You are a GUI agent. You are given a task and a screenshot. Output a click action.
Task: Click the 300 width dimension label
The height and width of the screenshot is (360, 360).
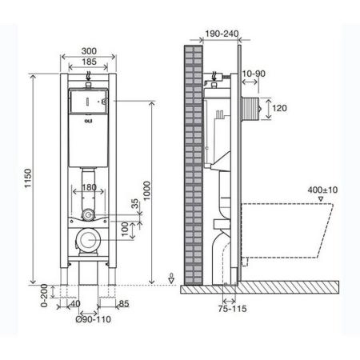tap(89, 50)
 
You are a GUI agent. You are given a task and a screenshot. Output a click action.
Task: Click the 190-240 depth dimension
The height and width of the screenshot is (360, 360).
tap(218, 34)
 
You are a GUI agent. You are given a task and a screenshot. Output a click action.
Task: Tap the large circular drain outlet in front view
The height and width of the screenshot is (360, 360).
tap(89, 240)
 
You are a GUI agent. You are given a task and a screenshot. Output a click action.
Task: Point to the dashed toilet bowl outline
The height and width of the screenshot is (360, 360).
tap(288, 232)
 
